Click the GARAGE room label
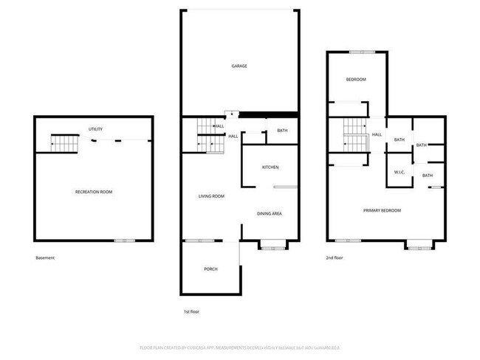pyautogui.click(x=239, y=66)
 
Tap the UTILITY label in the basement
pyautogui.click(x=95, y=129)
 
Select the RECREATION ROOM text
pyautogui.click(x=94, y=192)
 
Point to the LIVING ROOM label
pyautogui.click(x=211, y=196)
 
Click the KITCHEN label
pyautogui.click(x=270, y=167)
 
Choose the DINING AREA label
pyautogui.click(x=270, y=214)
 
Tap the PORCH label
pyautogui.click(x=210, y=269)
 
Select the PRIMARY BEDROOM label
pyautogui.click(x=382, y=210)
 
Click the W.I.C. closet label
pyautogui.click(x=400, y=173)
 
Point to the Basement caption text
pyautogui.click(x=45, y=257)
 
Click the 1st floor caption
pyautogui.click(x=191, y=311)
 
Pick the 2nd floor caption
pyautogui.click(x=335, y=257)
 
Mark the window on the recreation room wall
pyautogui.click(x=124, y=240)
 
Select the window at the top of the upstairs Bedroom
pyautogui.click(x=361, y=52)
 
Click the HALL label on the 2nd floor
pyautogui.click(x=377, y=134)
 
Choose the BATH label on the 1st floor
pyautogui.click(x=282, y=131)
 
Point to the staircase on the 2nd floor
pyautogui.click(x=356, y=136)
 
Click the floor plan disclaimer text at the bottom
pyautogui.click(x=239, y=347)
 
